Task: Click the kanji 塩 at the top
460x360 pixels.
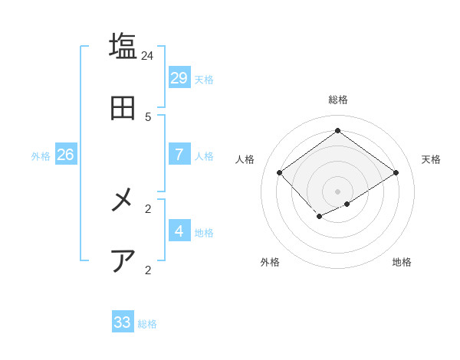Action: [x=123, y=45]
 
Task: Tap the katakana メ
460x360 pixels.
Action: [x=123, y=200]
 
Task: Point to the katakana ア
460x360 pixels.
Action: [x=123, y=261]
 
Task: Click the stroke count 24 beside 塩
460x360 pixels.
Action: [x=148, y=56]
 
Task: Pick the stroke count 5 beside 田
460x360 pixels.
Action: [x=148, y=117]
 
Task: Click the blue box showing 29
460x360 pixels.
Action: [x=179, y=77]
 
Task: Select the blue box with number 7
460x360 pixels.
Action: [x=179, y=154]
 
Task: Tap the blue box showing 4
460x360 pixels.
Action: [x=179, y=231]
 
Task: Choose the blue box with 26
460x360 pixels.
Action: [x=65, y=154]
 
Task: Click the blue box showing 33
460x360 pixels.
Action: [x=123, y=322]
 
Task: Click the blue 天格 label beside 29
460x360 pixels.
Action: [x=204, y=80]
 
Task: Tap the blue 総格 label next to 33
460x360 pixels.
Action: [x=147, y=325]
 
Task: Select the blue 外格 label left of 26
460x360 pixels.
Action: [x=41, y=156]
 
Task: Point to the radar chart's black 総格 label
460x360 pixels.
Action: [x=337, y=100]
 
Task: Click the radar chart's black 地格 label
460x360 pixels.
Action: [x=402, y=262]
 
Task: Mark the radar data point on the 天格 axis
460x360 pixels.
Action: [x=396, y=172]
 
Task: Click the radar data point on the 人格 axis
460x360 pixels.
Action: [x=280, y=172]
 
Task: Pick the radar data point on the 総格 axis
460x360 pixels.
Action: [x=337, y=130]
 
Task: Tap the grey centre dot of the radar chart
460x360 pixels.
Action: [x=337, y=191]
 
